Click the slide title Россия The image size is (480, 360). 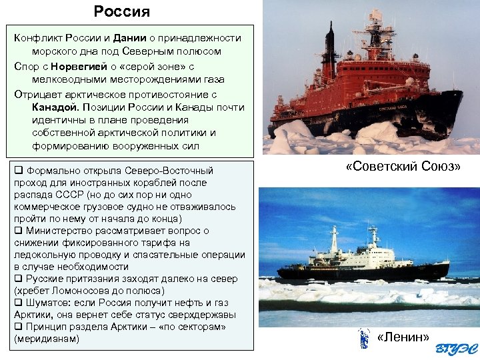122,11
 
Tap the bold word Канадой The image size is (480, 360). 55,107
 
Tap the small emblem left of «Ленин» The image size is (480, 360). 363,338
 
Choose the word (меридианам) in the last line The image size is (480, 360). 46,339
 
